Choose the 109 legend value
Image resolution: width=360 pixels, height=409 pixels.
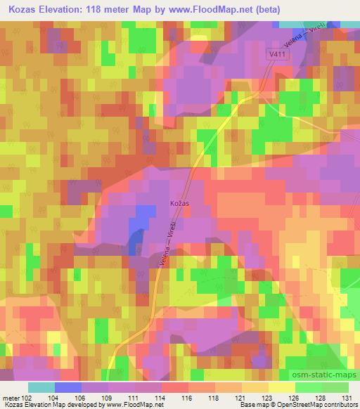(x=107, y=397)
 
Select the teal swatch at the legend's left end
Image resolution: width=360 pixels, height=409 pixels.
(x=41, y=387)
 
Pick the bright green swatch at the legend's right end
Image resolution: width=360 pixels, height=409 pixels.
(x=335, y=387)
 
